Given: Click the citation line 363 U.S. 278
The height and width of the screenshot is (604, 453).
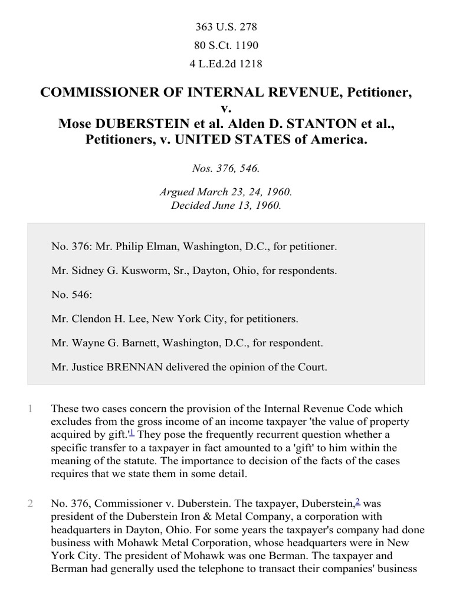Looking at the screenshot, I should click(x=226, y=27).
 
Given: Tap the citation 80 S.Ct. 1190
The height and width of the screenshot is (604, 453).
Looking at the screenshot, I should click(x=226, y=45).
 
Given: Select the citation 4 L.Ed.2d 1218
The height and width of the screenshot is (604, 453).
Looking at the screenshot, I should click(x=226, y=64).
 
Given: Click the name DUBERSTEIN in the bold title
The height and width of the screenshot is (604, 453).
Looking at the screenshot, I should click(x=132, y=124).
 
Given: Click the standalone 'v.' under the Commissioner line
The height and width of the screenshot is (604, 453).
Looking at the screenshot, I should click(x=226, y=108).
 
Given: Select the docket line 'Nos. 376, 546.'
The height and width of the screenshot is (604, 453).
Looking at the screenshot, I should click(x=226, y=168).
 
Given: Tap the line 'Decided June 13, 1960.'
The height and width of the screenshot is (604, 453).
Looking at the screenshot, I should click(x=226, y=205).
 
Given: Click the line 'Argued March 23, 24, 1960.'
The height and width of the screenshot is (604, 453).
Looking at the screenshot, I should click(x=226, y=193).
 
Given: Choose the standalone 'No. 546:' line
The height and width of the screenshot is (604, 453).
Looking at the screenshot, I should click(x=69, y=295).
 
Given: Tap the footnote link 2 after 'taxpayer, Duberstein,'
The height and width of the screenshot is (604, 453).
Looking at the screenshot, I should click(x=357, y=502).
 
